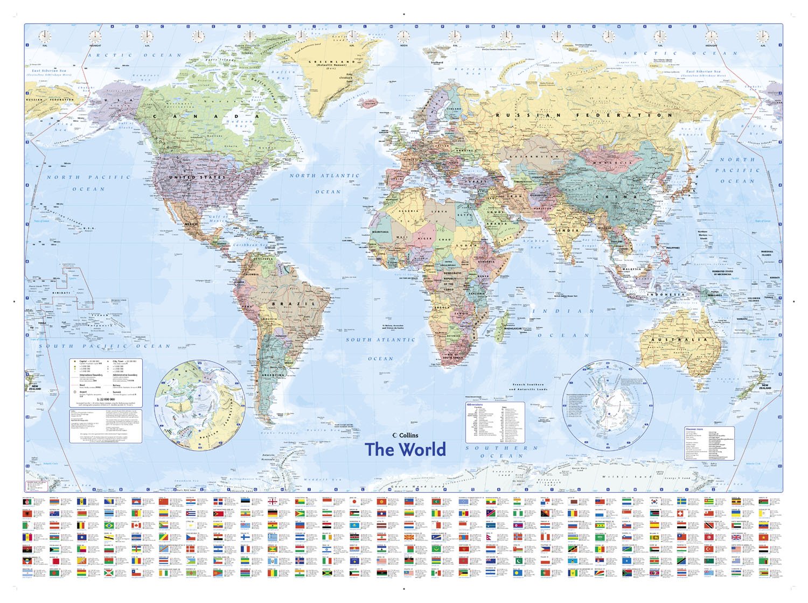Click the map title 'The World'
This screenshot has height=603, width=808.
(405, 450)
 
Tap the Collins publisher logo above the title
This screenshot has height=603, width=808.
(405, 435)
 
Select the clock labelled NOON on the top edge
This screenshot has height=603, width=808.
(403, 37)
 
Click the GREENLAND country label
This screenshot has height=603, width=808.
(328, 62)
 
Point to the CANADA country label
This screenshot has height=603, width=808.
(205, 116)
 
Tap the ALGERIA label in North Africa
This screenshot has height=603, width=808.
(408, 211)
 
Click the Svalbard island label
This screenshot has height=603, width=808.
(437, 62)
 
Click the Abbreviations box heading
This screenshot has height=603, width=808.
(475, 404)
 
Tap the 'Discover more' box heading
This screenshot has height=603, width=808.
(694, 429)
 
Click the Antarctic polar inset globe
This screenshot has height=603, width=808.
(608, 405)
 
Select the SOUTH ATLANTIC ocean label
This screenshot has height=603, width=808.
(381, 340)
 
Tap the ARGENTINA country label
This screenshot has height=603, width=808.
(273, 375)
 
